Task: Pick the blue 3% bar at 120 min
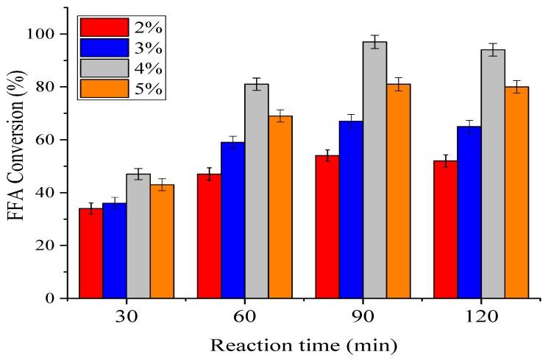click(469, 212)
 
